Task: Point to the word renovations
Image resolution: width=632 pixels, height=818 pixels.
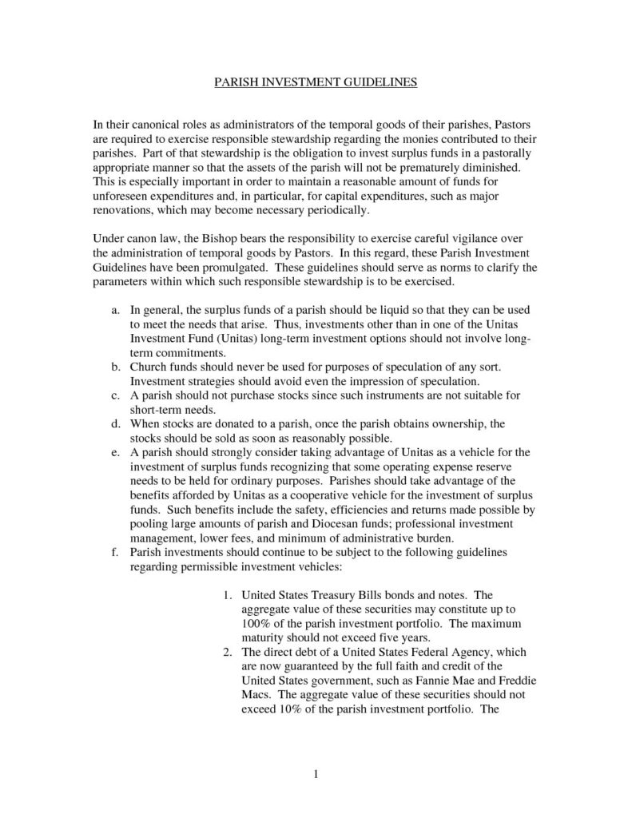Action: (x=128, y=211)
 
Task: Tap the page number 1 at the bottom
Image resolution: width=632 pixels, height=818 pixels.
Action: (x=317, y=773)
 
